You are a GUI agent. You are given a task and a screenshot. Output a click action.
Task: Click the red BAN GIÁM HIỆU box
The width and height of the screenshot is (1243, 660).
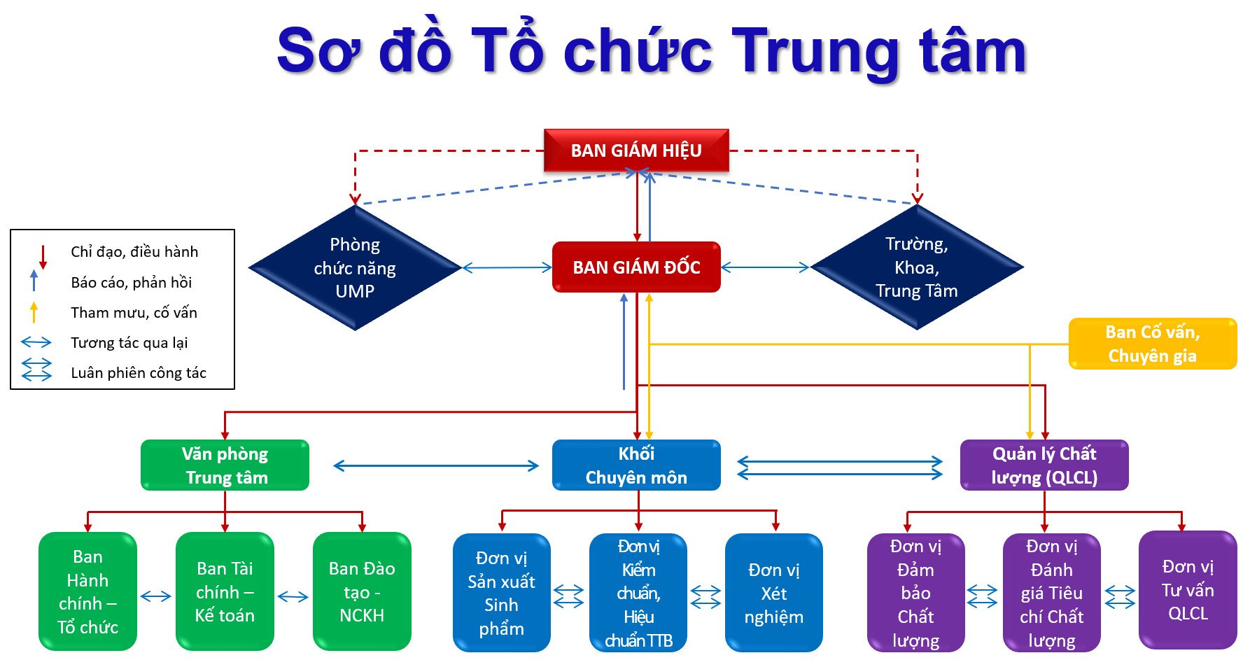[636, 150]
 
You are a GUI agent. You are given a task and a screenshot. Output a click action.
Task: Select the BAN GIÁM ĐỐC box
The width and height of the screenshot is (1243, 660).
[636, 267]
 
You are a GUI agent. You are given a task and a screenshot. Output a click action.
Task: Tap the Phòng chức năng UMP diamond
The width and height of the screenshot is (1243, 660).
[355, 267]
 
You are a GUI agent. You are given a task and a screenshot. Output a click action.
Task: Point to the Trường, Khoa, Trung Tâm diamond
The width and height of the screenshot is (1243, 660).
[917, 267]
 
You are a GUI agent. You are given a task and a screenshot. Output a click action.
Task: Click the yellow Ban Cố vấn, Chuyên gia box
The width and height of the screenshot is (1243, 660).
[1152, 344]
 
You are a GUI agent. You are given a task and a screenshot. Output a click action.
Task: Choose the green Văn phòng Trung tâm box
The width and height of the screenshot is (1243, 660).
[225, 465]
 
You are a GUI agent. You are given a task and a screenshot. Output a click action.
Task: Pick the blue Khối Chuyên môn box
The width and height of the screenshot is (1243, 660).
[636, 465]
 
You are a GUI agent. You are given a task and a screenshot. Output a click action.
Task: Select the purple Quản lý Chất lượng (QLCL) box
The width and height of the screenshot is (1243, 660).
[1044, 465]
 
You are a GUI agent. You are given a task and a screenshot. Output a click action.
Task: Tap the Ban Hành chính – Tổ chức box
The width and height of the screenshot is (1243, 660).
[87, 592]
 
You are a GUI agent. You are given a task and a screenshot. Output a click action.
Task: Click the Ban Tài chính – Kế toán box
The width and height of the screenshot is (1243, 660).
[225, 592]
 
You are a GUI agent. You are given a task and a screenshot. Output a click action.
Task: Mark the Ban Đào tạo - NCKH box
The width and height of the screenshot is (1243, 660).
[362, 592]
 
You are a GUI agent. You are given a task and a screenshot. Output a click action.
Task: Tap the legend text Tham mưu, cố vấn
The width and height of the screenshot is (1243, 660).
[134, 313]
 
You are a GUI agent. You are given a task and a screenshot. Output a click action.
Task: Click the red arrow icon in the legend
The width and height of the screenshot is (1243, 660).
[43, 257]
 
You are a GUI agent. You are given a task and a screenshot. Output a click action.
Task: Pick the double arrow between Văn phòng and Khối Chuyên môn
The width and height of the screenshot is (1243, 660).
[436, 466]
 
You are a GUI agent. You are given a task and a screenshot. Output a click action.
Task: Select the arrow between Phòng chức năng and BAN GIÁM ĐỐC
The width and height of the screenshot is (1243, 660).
[507, 267]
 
